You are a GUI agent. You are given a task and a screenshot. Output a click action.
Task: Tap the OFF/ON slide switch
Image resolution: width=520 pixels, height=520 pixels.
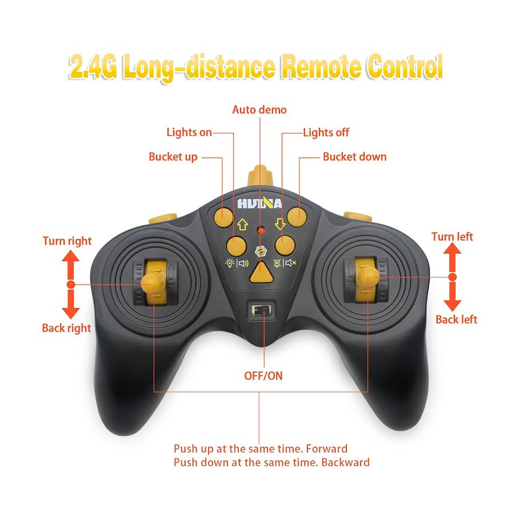262,311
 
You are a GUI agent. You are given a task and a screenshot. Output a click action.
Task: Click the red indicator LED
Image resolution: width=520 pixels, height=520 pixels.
260,230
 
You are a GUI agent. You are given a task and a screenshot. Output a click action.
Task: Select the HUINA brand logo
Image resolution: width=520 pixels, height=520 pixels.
259,204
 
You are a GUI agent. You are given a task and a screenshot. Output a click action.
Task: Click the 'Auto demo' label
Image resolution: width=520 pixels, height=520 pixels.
259,109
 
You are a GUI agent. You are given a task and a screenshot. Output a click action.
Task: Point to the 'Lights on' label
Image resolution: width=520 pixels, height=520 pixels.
189,133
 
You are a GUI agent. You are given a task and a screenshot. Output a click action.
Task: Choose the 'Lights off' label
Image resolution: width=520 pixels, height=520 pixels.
326,133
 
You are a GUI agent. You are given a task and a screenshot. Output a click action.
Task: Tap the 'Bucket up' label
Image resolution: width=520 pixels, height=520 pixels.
173,157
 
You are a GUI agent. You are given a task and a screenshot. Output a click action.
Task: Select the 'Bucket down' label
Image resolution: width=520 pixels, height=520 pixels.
354,157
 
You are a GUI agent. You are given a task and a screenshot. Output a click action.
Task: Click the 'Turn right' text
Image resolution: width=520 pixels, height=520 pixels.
67,241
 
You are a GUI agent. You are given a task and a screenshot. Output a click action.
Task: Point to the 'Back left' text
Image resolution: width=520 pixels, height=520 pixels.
456,319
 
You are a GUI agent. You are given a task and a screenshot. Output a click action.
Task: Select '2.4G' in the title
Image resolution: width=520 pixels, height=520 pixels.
93,67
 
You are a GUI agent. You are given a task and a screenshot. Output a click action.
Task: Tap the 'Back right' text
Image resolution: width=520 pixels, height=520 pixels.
66,328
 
